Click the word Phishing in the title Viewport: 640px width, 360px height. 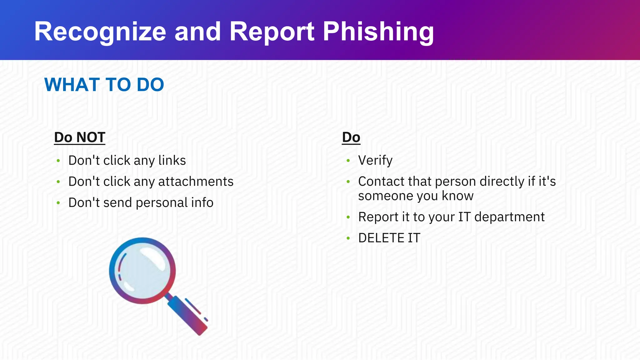coord(378,32)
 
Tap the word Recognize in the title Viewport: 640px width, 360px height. coord(100,32)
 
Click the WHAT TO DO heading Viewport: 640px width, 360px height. coord(104,85)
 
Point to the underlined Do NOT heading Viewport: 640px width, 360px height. coord(80,137)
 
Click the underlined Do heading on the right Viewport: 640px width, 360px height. coord(351,137)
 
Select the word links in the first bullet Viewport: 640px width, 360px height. coord(172,161)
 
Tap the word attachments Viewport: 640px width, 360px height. coord(196,182)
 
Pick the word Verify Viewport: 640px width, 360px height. coord(375,161)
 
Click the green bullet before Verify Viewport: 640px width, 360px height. coord(348,161)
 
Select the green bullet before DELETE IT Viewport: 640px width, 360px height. coord(348,238)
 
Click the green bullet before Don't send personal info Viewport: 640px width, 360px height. coord(58,203)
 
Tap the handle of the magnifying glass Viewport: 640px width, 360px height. coord(187,316)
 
